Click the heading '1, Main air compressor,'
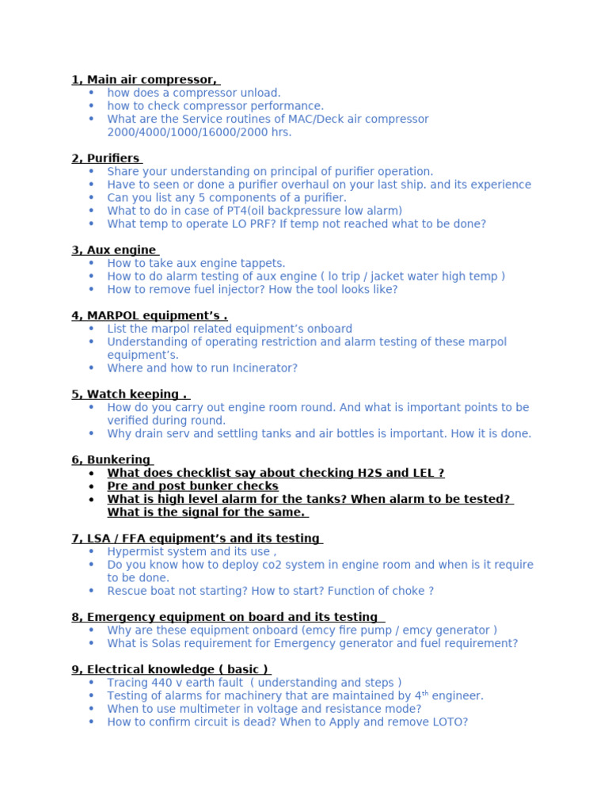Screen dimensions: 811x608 pyautogui.click(x=144, y=79)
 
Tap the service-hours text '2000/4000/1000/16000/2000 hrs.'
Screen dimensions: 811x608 pyautogui.click(x=199, y=132)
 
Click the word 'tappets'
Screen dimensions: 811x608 pyautogui.click(x=262, y=263)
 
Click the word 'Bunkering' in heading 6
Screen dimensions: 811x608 pyautogui.click(x=118, y=460)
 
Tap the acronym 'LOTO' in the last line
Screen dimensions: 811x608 pyautogui.click(x=447, y=722)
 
